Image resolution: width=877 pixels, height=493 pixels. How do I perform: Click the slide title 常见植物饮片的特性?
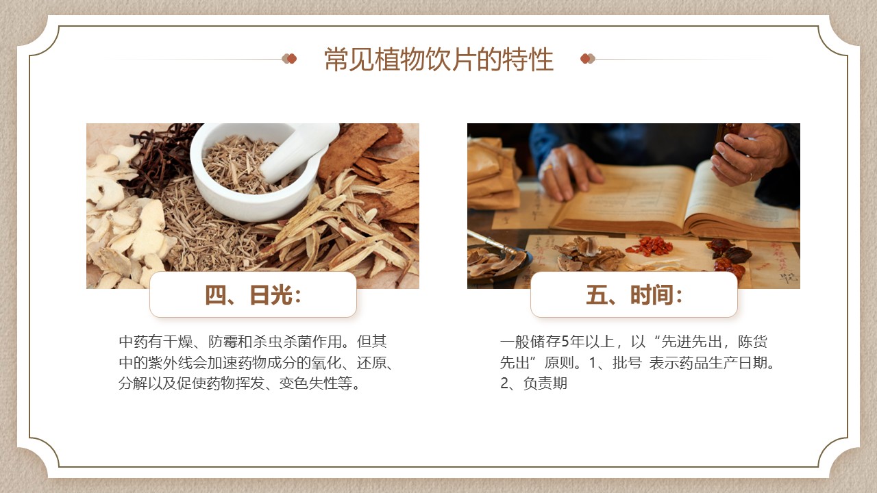438,60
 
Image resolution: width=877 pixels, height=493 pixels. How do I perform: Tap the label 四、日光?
253,295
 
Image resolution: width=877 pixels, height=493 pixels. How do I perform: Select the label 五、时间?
634,295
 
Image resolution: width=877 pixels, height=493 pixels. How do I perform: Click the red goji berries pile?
650,246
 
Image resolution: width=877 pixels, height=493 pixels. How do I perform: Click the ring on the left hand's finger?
547,168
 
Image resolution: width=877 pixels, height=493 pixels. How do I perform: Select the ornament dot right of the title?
588,59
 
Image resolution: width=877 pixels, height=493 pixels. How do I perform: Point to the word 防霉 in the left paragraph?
223,342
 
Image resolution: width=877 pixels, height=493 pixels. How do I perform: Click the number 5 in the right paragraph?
565,342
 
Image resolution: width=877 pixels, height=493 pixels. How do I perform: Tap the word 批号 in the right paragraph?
627,363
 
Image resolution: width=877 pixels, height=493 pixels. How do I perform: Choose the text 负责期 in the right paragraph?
545,383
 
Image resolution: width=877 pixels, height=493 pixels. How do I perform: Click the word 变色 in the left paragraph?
294,383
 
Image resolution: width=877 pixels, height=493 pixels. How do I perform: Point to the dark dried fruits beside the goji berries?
729,256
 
